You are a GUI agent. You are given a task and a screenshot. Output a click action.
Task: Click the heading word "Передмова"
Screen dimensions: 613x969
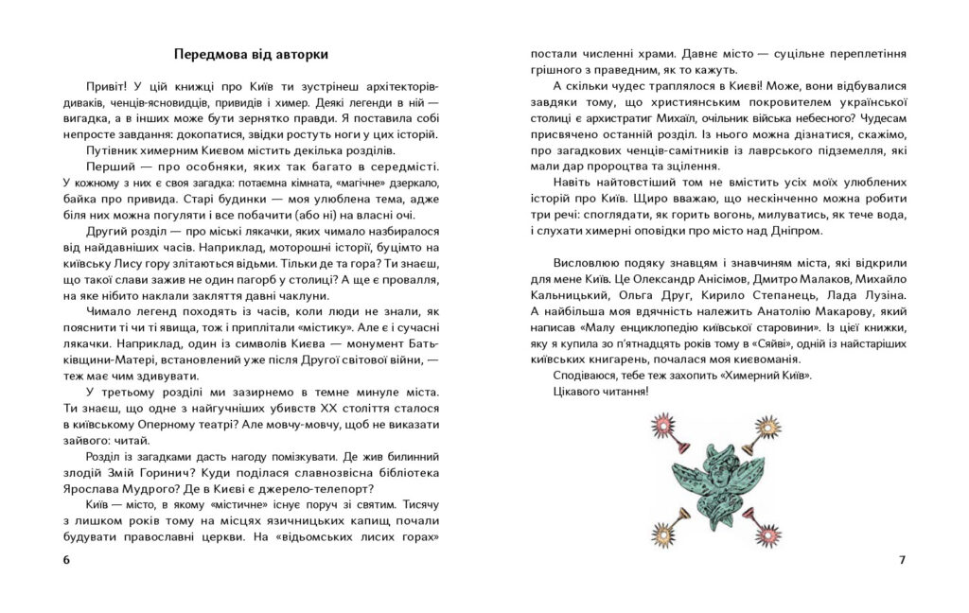(x=209, y=53)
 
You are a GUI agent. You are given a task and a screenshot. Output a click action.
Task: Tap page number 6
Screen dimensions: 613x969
(x=66, y=560)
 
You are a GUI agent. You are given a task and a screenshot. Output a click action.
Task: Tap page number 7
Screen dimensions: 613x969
(x=902, y=560)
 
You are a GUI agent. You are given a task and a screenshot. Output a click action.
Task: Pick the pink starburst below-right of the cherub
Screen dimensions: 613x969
(x=768, y=535)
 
